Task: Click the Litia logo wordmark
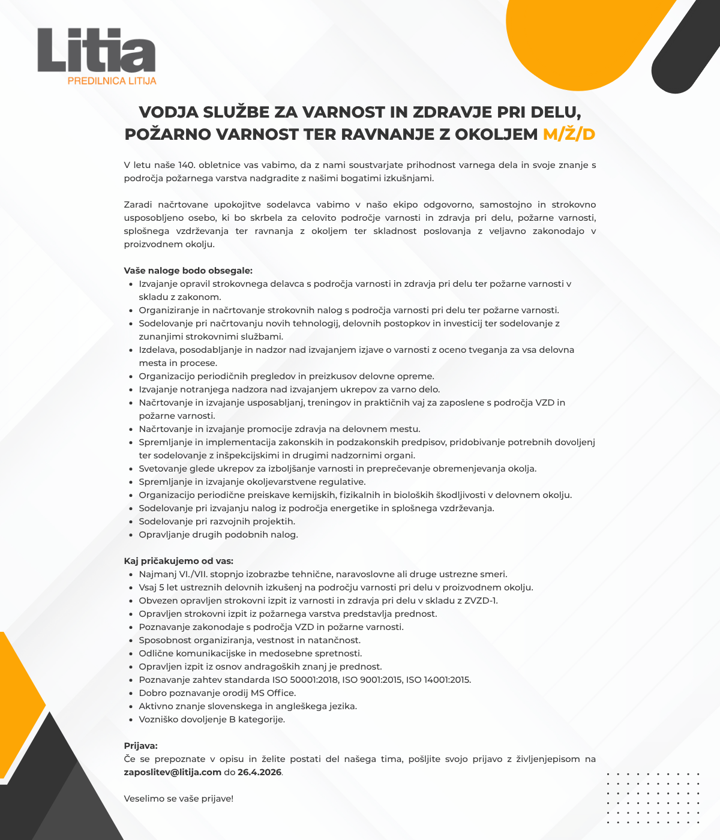click(96, 50)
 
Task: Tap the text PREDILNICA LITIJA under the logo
click(112, 80)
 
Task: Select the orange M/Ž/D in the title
click(569, 134)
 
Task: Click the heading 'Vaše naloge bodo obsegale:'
click(188, 271)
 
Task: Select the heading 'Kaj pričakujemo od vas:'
click(178, 561)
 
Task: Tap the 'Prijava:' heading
click(140, 746)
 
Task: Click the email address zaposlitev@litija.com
click(173, 772)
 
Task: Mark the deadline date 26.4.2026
click(259, 772)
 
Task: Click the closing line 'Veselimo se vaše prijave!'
click(178, 799)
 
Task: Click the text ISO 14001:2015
click(438, 680)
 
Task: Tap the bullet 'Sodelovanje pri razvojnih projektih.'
click(217, 521)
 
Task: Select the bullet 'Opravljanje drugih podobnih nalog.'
click(218, 535)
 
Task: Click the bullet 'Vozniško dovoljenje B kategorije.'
click(212, 719)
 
